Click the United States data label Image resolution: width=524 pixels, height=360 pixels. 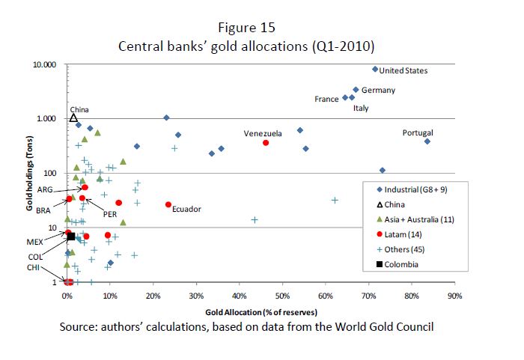click(x=403, y=71)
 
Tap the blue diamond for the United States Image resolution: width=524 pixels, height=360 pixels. click(x=375, y=69)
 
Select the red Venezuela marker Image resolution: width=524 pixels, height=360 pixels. click(x=266, y=143)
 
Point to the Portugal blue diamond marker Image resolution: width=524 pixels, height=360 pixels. click(x=427, y=141)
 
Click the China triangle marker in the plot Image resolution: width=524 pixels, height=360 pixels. click(x=73, y=118)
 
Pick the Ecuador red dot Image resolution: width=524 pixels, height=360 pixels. click(x=168, y=204)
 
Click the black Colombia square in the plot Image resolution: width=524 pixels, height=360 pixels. click(x=72, y=237)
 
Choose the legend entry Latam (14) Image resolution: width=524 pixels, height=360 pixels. click(x=409, y=234)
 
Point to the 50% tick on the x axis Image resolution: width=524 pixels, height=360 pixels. click(x=283, y=296)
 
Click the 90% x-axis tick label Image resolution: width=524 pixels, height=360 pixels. click(x=454, y=296)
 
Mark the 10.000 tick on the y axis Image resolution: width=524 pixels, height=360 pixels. click(x=44, y=64)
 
